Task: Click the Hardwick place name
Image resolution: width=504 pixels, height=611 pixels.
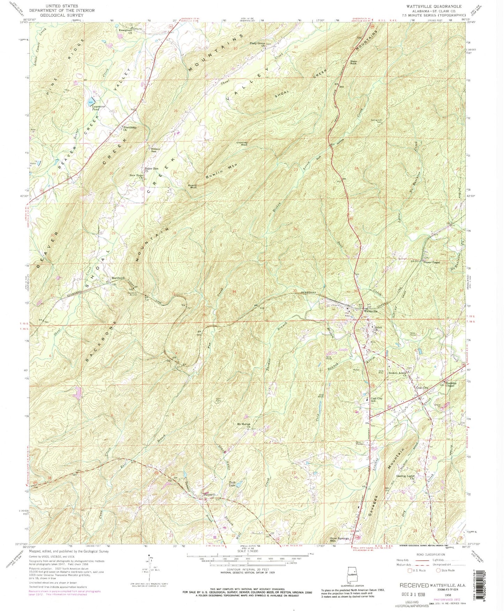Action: click(x=118, y=278)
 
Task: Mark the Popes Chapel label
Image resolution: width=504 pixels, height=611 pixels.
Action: click(x=431, y=262)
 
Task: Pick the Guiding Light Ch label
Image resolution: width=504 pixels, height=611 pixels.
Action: click(x=406, y=477)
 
